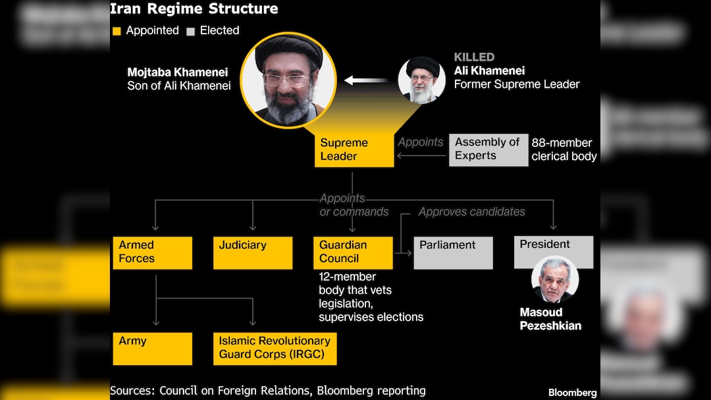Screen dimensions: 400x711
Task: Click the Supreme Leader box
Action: [354, 150]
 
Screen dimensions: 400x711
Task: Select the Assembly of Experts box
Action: [488, 150]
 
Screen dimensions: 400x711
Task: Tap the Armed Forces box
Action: [152, 252]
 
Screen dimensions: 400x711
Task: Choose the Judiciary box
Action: [252, 252]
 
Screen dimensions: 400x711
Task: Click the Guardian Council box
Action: [353, 252]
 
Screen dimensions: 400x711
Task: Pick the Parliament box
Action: [453, 252]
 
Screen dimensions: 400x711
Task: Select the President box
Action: [553, 252]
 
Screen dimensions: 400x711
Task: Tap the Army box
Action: [152, 348]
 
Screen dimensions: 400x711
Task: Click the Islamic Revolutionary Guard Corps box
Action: [275, 348]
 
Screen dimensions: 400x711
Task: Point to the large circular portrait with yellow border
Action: [288, 80]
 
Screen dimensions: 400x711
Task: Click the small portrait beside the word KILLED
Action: [421, 80]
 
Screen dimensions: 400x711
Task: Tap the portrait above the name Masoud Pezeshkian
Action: [554, 279]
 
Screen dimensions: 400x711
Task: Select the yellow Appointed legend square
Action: [117, 31]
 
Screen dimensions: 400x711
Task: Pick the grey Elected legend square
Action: [190, 31]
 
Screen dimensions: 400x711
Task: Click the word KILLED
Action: [474, 57]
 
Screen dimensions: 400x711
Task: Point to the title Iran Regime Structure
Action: [194, 9]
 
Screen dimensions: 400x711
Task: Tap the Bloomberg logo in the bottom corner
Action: [572, 393]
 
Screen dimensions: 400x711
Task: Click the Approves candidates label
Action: [471, 212]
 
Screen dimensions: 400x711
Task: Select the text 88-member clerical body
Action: [564, 150]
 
